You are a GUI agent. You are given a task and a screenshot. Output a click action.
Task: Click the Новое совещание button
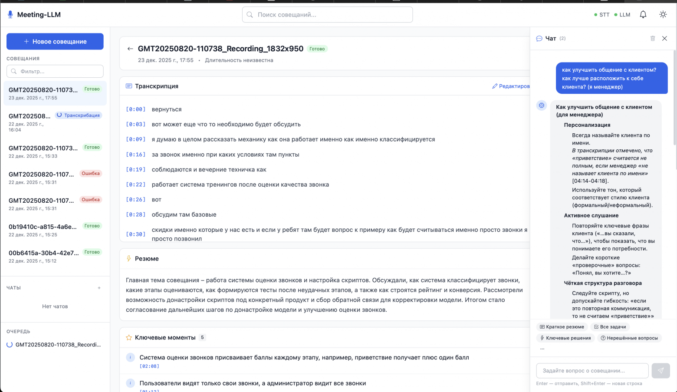[x=55, y=41]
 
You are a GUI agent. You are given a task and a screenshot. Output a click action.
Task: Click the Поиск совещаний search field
[x=327, y=15]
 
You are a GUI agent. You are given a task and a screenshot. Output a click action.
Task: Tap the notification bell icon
[x=643, y=15]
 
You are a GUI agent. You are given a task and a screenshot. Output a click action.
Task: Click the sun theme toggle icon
[x=663, y=15]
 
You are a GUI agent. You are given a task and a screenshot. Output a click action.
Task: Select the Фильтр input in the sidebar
[x=55, y=71]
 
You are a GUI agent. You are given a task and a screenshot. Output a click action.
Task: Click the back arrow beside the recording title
[x=130, y=49]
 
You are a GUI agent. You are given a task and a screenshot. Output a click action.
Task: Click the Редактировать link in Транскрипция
[x=511, y=86]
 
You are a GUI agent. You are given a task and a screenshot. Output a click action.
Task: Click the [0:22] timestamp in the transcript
[x=135, y=184]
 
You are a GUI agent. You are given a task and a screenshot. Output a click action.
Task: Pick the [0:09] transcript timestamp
[x=135, y=139]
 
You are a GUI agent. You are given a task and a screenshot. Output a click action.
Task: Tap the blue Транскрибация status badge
[x=79, y=115]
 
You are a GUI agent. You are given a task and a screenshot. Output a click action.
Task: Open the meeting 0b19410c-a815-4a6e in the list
[x=43, y=227]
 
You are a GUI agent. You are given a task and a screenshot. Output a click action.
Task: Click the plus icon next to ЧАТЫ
[x=99, y=288]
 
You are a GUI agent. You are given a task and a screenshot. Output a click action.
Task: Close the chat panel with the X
[x=664, y=39]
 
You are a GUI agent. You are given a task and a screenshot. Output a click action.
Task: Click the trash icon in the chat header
[x=652, y=39]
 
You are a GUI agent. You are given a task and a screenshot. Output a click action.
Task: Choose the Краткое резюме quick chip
[x=562, y=327]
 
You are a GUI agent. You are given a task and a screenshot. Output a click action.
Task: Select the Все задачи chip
[x=610, y=327]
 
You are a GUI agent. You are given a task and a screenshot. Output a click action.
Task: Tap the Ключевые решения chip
[x=565, y=338]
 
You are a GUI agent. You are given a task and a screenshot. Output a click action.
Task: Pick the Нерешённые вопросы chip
[x=629, y=338]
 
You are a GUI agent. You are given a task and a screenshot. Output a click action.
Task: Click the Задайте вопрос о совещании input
[x=592, y=371]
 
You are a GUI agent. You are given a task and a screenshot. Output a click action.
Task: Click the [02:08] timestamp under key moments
[x=149, y=366]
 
